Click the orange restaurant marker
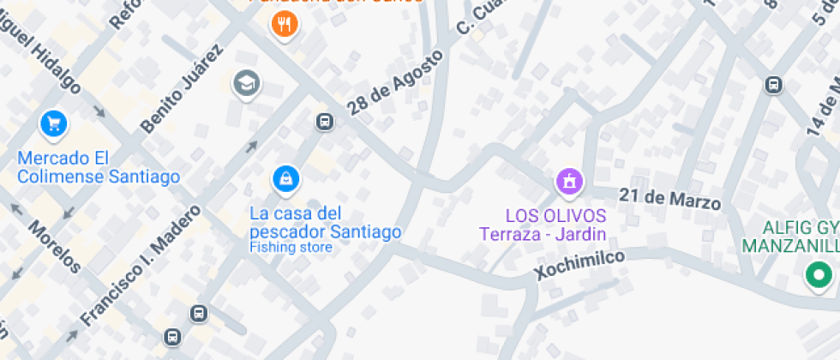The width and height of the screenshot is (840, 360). click(x=284, y=24)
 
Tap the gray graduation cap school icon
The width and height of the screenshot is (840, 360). click(x=247, y=83)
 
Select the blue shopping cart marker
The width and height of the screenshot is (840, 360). click(x=54, y=123)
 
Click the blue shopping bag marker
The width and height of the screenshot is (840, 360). click(x=285, y=178)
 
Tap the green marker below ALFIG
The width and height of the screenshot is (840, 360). click(x=819, y=275)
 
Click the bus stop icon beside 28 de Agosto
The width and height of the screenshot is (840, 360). click(x=325, y=121)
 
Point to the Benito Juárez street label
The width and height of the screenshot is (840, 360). click(x=182, y=88)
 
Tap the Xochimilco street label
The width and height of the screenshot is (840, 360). click(x=579, y=264)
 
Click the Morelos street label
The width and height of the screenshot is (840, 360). click(x=54, y=247)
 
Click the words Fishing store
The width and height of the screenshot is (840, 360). click(x=291, y=248)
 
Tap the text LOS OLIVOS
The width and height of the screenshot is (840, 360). click(x=555, y=215)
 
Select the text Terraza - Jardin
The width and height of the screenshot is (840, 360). click(x=543, y=233)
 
